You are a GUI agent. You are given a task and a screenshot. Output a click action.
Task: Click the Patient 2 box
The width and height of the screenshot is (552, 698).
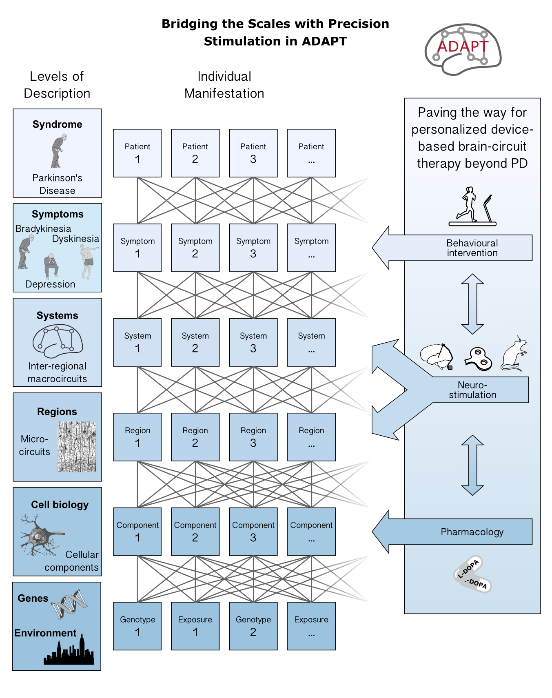[x=195, y=153]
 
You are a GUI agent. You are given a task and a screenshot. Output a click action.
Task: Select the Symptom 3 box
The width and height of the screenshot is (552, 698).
[x=253, y=248]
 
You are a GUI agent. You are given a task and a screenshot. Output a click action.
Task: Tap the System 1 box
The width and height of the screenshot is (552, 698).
[x=137, y=342]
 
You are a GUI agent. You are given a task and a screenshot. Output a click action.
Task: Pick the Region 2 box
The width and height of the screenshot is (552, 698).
[x=195, y=437]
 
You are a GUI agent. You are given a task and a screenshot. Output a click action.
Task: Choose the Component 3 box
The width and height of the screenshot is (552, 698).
[x=253, y=532]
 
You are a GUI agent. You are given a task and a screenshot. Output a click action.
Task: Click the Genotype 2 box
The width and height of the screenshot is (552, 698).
[x=253, y=626]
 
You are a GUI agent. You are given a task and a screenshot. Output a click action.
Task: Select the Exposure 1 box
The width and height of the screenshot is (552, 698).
[x=195, y=626]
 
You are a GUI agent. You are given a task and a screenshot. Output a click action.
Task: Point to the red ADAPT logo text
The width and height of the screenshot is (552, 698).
[x=463, y=47]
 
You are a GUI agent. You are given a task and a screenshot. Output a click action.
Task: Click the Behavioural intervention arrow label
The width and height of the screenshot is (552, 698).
[x=472, y=248]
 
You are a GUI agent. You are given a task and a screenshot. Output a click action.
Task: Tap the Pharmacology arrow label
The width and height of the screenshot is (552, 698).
[x=472, y=532]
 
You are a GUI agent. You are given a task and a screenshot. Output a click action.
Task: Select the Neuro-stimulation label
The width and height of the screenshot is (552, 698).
[x=472, y=390]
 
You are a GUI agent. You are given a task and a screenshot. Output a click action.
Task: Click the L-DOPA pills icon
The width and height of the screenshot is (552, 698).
[x=472, y=574]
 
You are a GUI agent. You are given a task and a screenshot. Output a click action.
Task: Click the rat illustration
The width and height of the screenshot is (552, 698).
[x=514, y=354]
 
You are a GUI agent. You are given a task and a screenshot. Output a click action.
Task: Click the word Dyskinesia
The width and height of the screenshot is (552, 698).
[x=75, y=239]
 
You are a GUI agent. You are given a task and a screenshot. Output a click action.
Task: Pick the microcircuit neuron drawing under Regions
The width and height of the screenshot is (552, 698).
[x=77, y=447]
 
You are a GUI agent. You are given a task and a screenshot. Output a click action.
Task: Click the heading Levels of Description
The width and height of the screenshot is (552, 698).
[x=57, y=85]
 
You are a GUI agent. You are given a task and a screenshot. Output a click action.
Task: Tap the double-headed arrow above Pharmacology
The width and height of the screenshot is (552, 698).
[x=472, y=465]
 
